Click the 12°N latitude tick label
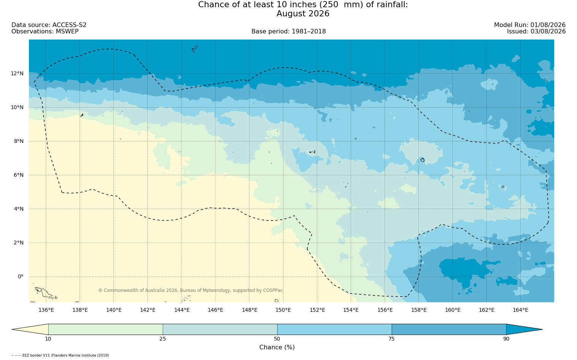[17, 74]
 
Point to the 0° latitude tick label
[21, 277]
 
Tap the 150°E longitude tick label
[283, 310]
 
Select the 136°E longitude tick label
[46, 310]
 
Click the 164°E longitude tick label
[520, 310]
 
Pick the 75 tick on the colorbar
[391, 339]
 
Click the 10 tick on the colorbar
[48, 339]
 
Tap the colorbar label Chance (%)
[277, 347]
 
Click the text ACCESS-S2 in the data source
[69, 25]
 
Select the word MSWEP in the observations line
[67, 32]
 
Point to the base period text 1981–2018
[308, 32]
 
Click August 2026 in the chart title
[303, 13]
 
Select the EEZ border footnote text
[60, 355]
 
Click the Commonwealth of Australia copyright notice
[191, 290]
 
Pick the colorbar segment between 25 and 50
[220, 329]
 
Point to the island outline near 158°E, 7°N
[423, 160]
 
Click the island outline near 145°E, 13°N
[195, 49]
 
